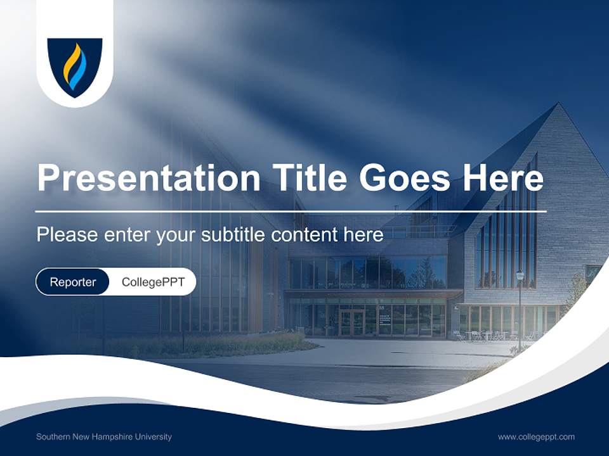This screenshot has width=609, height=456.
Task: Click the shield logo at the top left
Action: click(75, 66)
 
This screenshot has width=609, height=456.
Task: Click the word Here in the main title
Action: click(503, 178)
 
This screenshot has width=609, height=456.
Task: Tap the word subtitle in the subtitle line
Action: click(233, 235)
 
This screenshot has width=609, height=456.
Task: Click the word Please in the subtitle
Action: click(66, 235)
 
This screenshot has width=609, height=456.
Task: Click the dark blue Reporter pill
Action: click(72, 282)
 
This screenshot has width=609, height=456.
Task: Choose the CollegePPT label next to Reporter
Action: click(153, 282)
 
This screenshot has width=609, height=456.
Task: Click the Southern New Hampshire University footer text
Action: click(104, 437)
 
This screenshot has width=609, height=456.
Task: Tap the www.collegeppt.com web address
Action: click(536, 437)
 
